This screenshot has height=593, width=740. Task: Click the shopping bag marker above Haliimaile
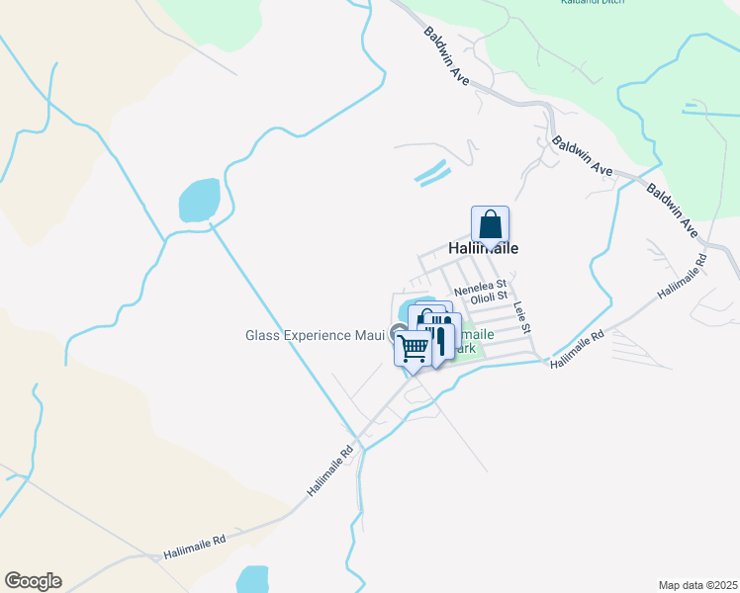(490, 225)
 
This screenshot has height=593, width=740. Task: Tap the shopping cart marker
(414, 347)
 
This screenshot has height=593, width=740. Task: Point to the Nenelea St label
(480, 284)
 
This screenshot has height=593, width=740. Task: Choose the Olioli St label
(489, 296)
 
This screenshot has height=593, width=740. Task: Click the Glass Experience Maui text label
(315, 335)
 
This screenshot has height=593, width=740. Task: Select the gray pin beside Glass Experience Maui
(398, 333)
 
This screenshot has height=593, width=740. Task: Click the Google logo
(33, 581)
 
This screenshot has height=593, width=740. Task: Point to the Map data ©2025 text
(697, 585)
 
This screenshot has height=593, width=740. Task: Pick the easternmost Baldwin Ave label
(673, 210)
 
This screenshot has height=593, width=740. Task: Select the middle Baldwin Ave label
(583, 156)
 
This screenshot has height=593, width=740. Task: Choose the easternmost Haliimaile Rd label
(683, 277)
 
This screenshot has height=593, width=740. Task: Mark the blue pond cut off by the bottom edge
(253, 579)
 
